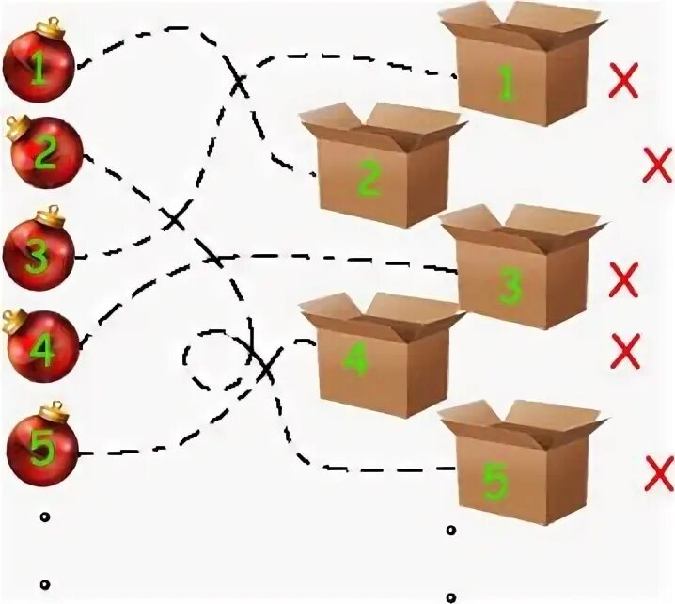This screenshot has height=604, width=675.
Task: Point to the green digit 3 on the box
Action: (510, 285)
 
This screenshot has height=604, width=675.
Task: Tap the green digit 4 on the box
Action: (354, 362)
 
